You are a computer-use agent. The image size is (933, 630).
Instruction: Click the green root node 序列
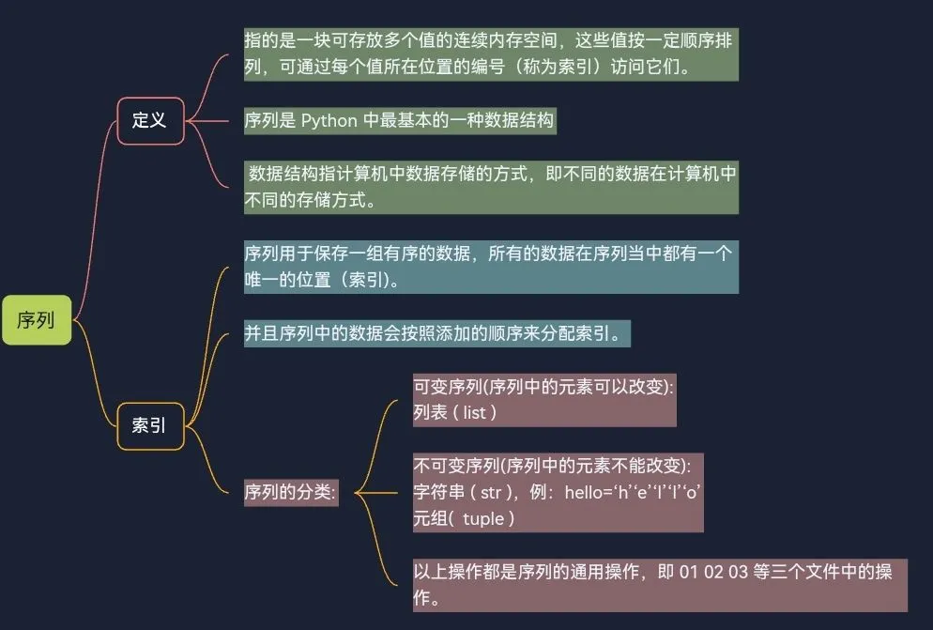click(x=37, y=319)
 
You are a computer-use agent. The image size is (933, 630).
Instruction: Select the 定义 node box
click(x=149, y=120)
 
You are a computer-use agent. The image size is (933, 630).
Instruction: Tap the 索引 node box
click(x=149, y=425)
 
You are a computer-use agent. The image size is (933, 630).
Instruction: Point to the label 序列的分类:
click(x=290, y=491)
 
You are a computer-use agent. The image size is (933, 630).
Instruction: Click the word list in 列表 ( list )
click(x=474, y=411)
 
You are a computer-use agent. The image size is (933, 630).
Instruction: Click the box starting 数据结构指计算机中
click(x=490, y=187)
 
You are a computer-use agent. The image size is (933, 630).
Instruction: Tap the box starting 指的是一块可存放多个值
click(x=490, y=54)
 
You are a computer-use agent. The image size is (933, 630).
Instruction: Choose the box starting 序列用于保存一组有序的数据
click(x=490, y=266)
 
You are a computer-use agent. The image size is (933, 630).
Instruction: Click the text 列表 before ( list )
click(x=431, y=411)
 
